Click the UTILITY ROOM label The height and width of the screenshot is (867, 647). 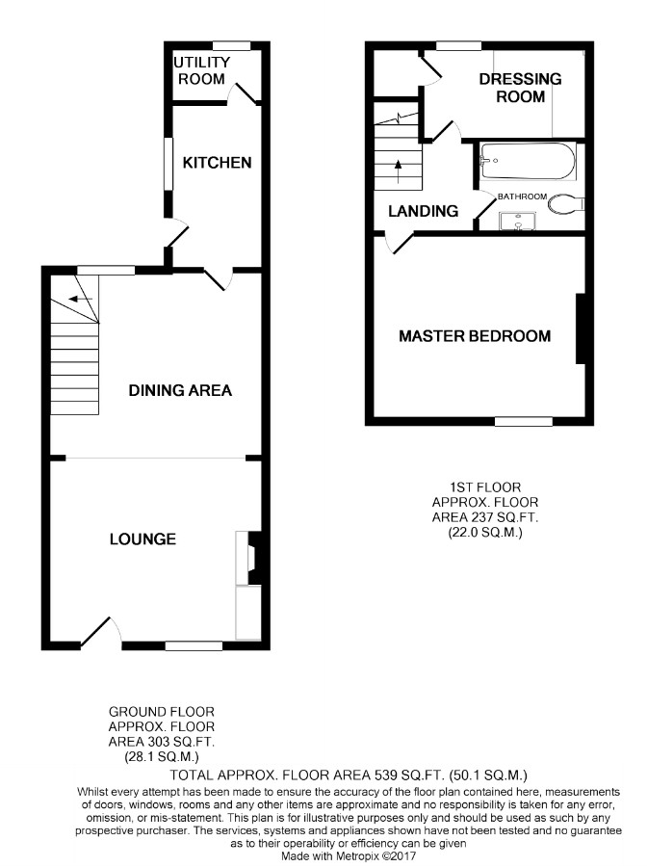(x=200, y=70)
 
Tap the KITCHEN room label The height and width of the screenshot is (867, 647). (x=218, y=163)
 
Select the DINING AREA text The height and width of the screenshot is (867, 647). (x=181, y=390)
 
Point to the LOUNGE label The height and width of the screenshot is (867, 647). (x=142, y=539)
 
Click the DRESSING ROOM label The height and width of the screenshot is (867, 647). (x=520, y=88)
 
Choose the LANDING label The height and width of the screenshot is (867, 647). (x=423, y=211)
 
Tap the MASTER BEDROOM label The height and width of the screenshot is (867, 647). (x=475, y=336)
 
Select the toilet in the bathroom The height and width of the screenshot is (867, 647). (x=569, y=202)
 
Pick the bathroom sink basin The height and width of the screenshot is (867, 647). (x=518, y=222)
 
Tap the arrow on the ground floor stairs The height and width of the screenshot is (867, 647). (x=82, y=299)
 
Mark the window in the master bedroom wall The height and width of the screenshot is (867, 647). (x=524, y=421)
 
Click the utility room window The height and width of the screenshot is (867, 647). (x=231, y=44)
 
